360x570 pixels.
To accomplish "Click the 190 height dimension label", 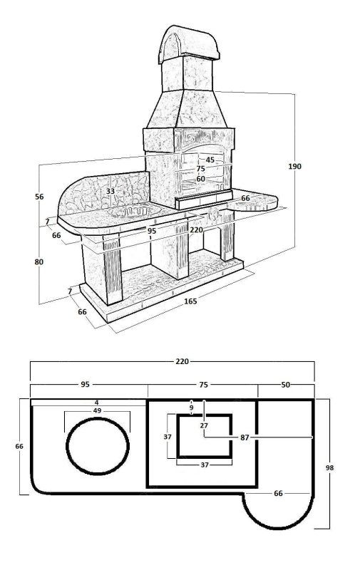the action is point(294,166).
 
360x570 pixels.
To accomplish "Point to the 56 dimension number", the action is point(39,197).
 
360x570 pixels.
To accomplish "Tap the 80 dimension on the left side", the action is point(39,261).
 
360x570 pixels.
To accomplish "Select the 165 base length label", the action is point(190,301).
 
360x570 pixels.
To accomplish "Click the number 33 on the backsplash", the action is point(110,191).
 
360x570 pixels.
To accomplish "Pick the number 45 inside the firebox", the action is point(210,160).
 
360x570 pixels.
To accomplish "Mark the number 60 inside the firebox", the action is point(201,179).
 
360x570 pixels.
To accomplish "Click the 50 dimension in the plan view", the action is point(286,385).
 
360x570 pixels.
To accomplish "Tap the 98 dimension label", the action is point(329,468).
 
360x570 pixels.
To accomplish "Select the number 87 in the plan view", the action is point(245,437).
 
